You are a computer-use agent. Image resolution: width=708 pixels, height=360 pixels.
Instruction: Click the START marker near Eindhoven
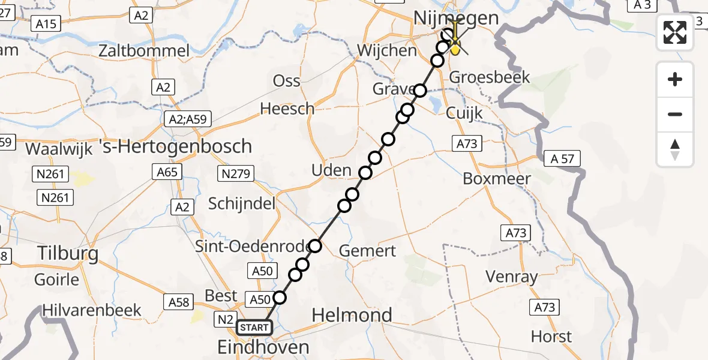pyautogui.click(x=254, y=328)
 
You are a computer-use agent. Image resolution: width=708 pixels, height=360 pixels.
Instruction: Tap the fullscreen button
pyautogui.click(x=675, y=32)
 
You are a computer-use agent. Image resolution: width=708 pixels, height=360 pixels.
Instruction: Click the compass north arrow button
pyautogui.click(x=675, y=149)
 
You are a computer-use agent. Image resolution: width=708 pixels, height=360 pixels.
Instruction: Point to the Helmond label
pyautogui.click(x=352, y=315)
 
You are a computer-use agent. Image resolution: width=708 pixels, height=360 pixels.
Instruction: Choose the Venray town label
pyautogui.click(x=511, y=277)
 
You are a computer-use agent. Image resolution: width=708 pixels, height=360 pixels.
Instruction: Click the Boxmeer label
pyautogui.click(x=497, y=179)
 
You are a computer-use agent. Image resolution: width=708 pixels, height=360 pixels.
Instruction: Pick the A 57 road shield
pyautogui.click(x=562, y=159)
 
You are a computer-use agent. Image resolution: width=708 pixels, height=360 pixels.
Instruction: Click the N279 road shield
pyautogui.click(x=236, y=174)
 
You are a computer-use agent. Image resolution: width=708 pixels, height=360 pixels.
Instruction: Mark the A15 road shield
pyautogui.click(x=46, y=24)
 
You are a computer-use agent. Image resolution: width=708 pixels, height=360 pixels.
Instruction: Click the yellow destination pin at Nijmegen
pyautogui.click(x=455, y=48)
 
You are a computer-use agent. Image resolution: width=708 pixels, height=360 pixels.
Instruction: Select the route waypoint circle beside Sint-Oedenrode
pyautogui.click(x=316, y=245)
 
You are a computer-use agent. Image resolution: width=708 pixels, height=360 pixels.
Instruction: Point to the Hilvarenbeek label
pyautogui.click(x=92, y=310)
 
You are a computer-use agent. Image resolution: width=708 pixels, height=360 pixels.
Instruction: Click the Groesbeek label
pyautogui.click(x=490, y=77)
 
